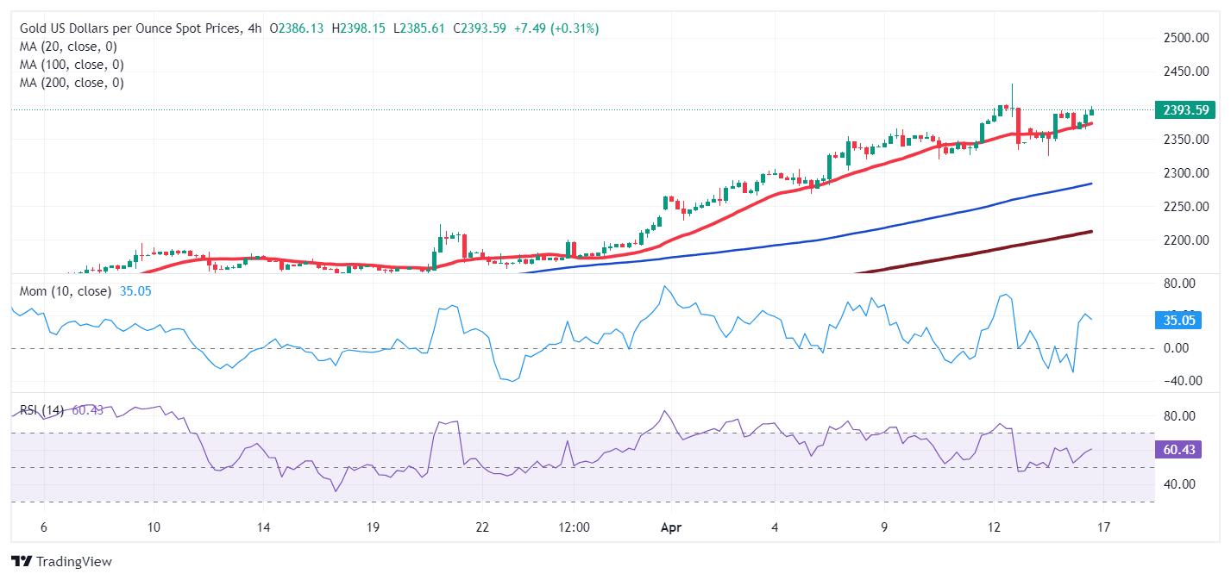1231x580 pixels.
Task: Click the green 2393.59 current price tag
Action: coord(1184,109)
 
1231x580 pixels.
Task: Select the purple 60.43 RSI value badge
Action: coord(1178,449)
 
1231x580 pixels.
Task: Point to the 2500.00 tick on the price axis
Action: coord(1183,38)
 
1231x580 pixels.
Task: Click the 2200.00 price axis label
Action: coord(1183,240)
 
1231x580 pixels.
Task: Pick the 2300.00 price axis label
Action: coord(1183,173)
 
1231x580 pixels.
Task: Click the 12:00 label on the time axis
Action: coord(574,527)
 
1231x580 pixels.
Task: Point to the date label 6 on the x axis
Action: coord(43,527)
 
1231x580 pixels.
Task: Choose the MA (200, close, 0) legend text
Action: coord(72,83)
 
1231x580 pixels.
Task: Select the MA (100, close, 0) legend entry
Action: coord(72,65)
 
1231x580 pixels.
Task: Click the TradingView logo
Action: coord(62,562)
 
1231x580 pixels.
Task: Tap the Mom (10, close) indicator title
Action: coord(66,291)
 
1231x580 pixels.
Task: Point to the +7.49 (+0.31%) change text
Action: coord(556,28)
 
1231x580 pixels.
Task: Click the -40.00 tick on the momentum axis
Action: coord(1183,381)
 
